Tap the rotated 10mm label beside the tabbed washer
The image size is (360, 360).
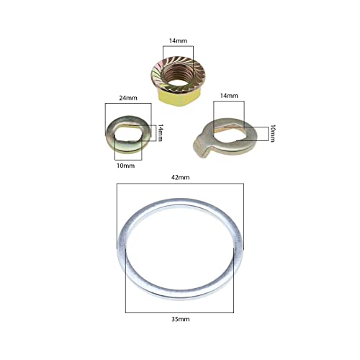pyautogui.click(x=272, y=133)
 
